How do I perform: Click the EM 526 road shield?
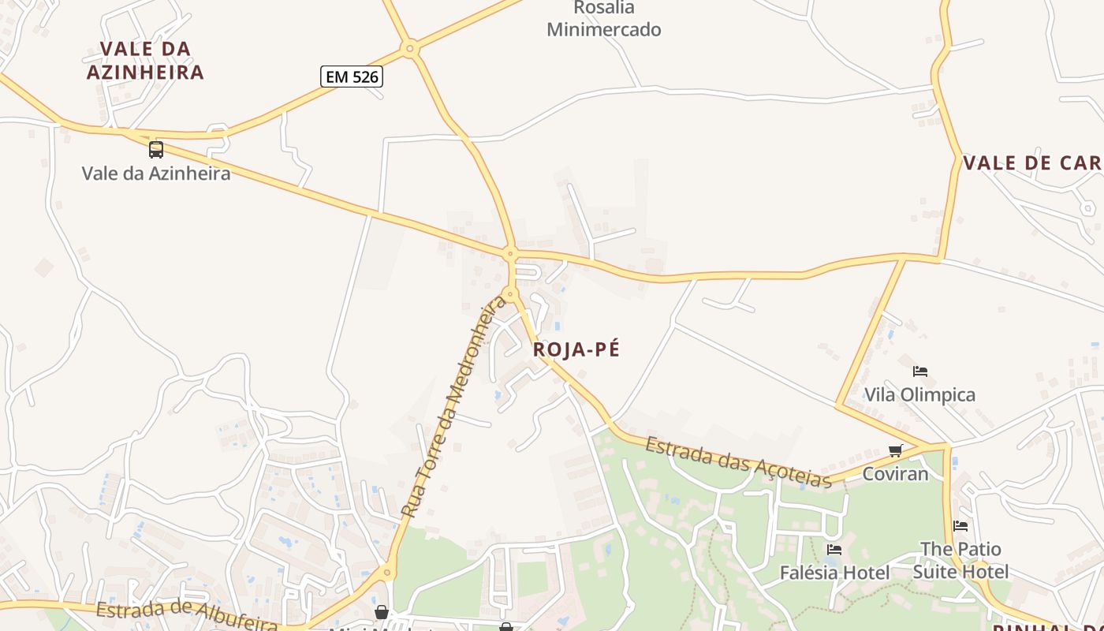tap(352, 77)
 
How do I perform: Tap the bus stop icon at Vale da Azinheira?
tap(156, 149)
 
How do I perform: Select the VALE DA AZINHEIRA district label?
tap(145, 61)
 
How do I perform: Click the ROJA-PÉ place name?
tap(576, 349)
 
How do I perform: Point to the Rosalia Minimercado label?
tap(604, 19)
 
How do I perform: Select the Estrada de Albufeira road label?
tap(186, 615)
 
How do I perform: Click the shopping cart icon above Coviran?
tap(895, 451)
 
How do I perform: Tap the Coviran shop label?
tap(895, 474)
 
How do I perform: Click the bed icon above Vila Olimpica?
tap(919, 372)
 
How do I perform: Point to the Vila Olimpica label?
tap(919, 394)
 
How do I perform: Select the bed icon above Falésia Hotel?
tap(834, 550)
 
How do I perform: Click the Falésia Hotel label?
tap(834, 573)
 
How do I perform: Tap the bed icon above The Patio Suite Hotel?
tap(960, 526)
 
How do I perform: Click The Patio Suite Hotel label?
tap(960, 560)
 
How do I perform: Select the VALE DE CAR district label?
tap(1032, 163)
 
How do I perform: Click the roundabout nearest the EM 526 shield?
tap(408, 49)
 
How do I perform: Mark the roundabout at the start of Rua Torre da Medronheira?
tap(510, 295)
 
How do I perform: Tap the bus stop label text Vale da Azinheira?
tap(156, 173)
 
